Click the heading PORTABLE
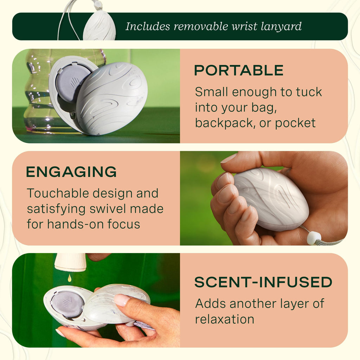click(239, 70)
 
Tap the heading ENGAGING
click(71, 172)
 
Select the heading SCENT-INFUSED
click(263, 282)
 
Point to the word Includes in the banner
click(148, 26)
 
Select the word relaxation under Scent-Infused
click(225, 319)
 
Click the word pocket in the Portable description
click(295, 123)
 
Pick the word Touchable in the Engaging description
click(58, 193)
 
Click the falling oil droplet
click(69, 278)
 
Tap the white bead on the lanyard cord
click(314, 238)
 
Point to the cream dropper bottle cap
click(70, 262)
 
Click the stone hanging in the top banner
click(99, 26)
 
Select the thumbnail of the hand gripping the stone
click(264, 198)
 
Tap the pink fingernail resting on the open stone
click(122, 300)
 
